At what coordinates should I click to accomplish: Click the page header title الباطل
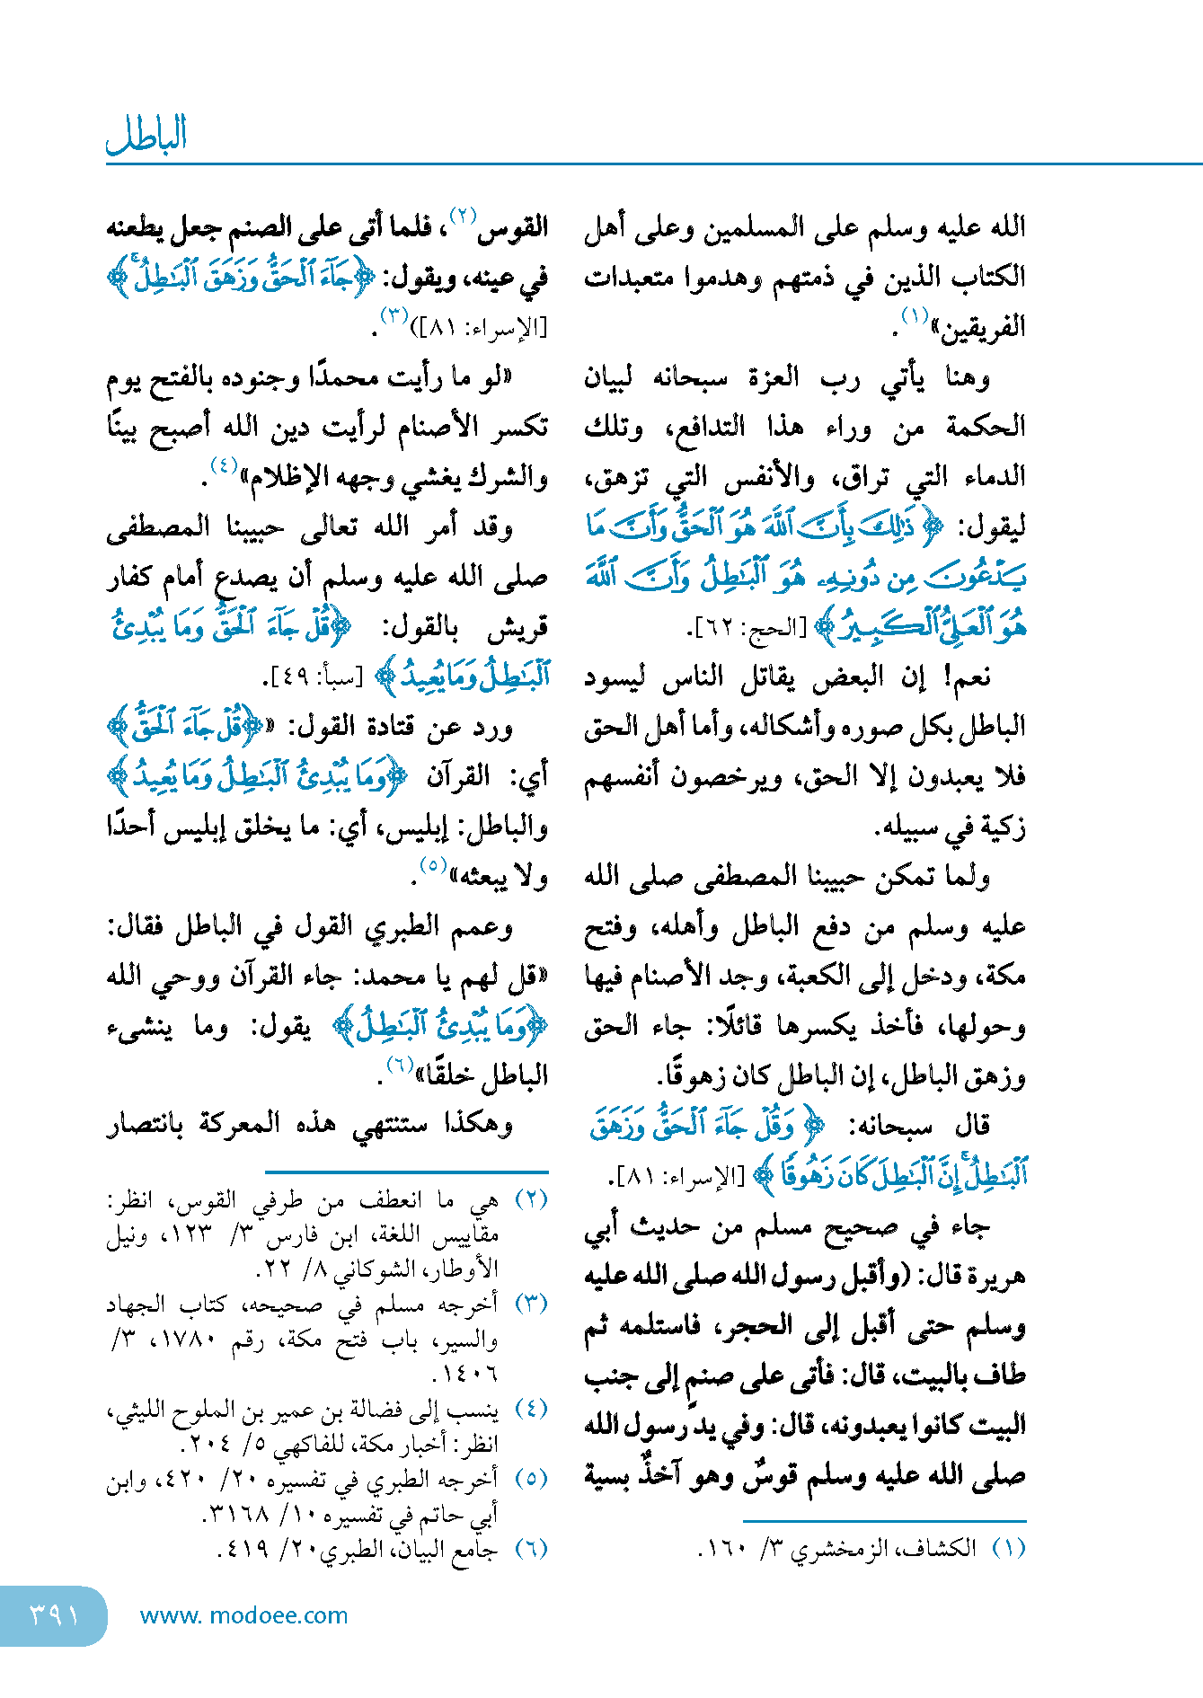146,135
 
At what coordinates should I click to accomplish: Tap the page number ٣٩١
54,1615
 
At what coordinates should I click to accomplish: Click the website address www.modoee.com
243,1615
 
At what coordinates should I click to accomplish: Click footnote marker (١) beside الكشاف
1008,1548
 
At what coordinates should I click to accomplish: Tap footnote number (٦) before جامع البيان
531,1548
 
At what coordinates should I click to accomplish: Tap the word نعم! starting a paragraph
967,677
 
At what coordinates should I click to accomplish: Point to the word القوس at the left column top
514,226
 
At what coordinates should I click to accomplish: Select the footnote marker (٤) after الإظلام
223,465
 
